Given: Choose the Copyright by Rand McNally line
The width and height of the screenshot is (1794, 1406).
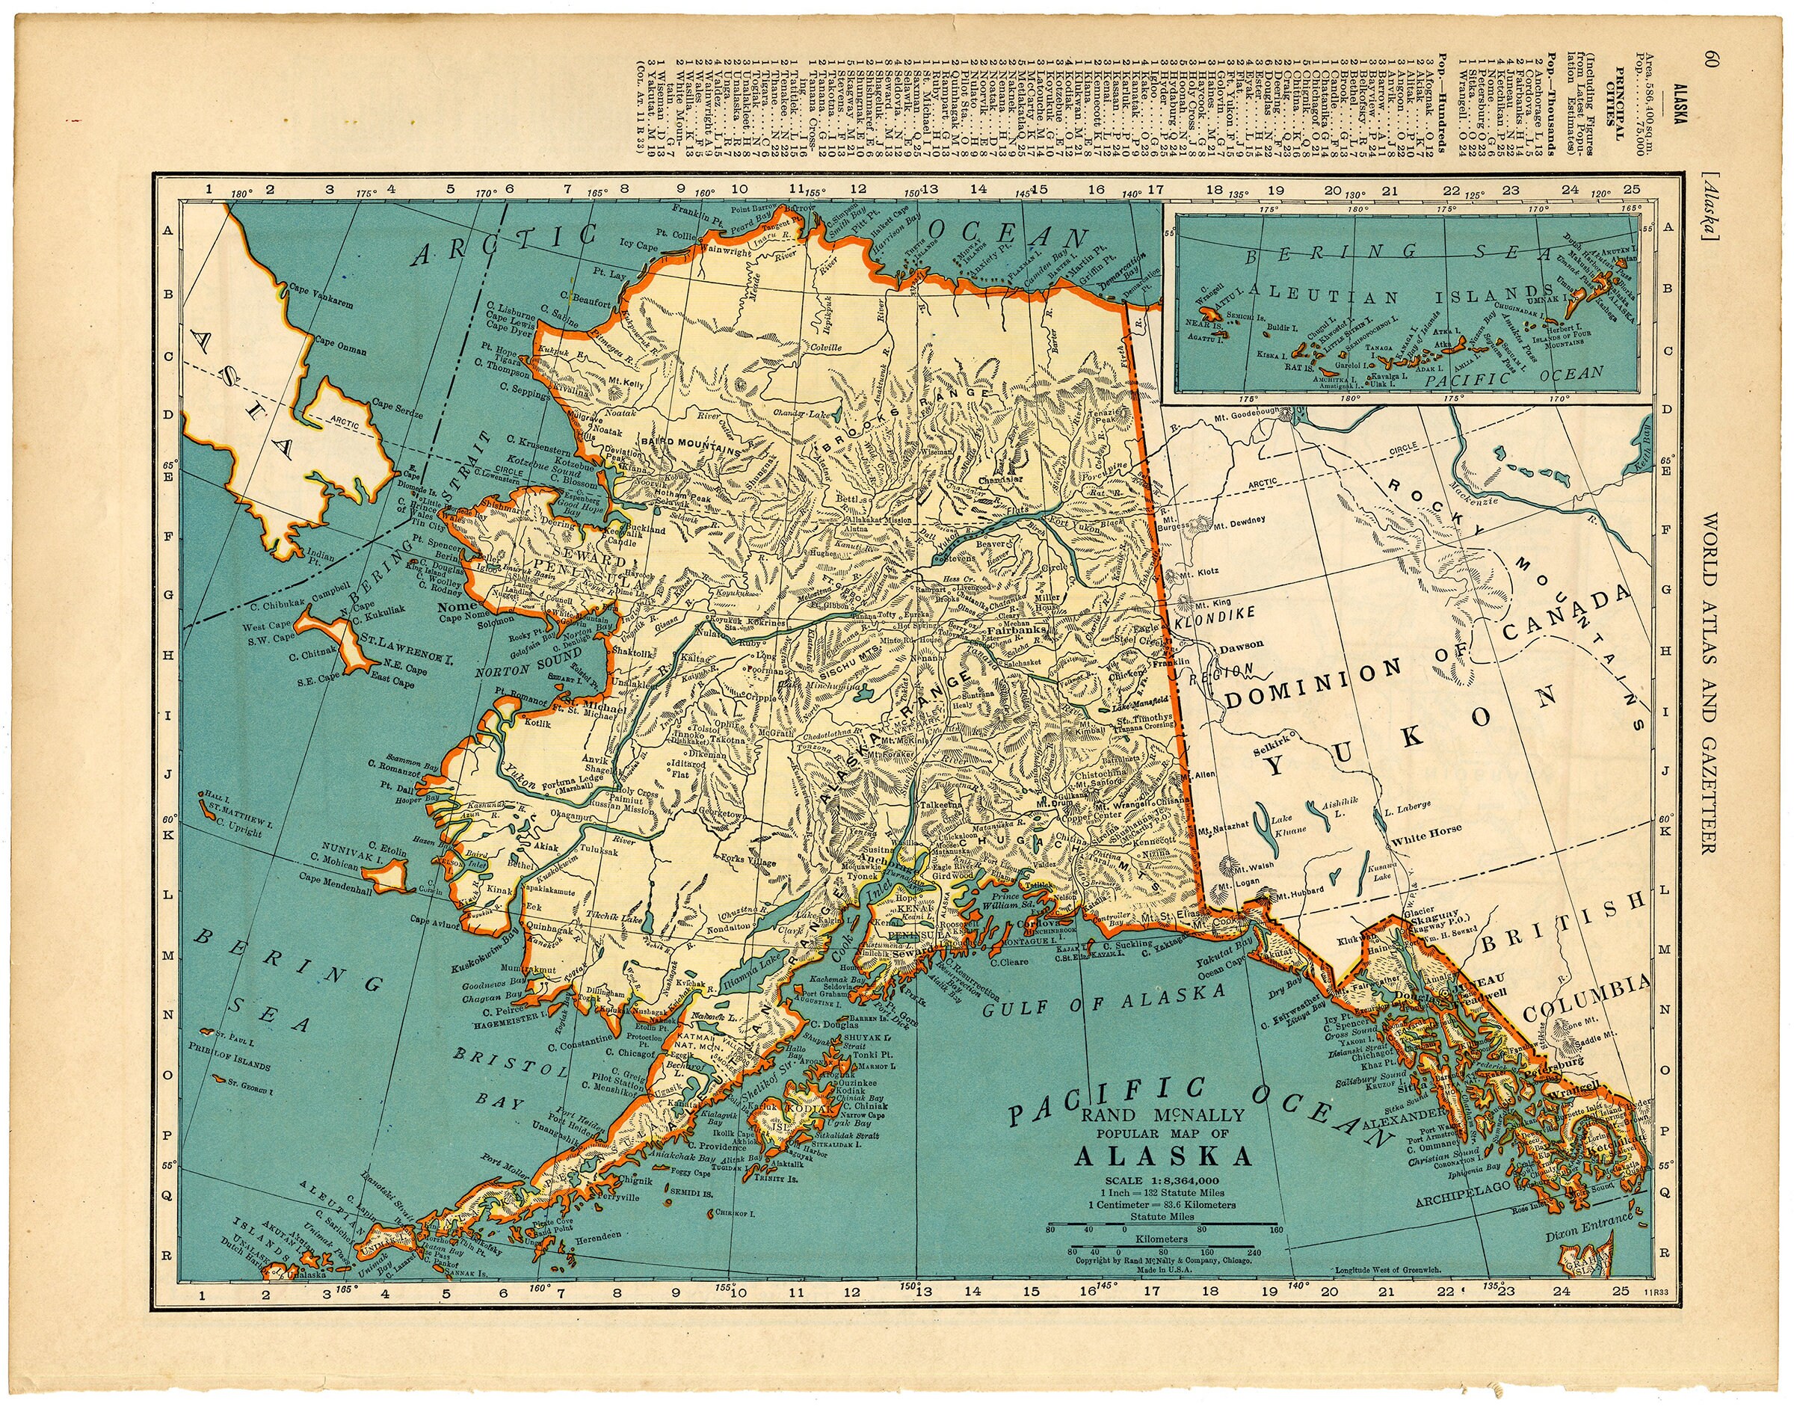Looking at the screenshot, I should [x=1163, y=1259].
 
